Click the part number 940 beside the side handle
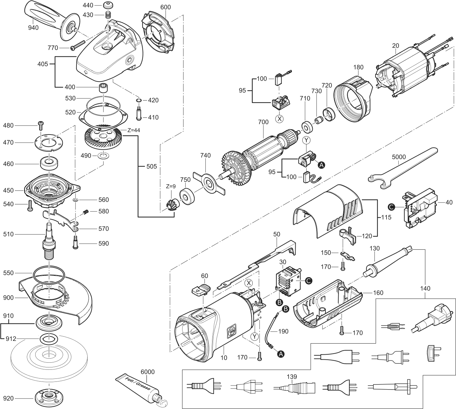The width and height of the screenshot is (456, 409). (33, 28)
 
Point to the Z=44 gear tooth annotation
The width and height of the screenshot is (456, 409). (134, 130)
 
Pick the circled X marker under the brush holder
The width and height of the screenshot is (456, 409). (280, 119)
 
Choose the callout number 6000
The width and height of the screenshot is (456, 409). (148, 372)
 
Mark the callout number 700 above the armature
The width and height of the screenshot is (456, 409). (263, 122)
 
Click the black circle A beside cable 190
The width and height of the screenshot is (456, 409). (281, 354)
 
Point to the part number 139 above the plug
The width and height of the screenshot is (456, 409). (292, 376)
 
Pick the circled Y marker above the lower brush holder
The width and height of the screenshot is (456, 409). (306, 140)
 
